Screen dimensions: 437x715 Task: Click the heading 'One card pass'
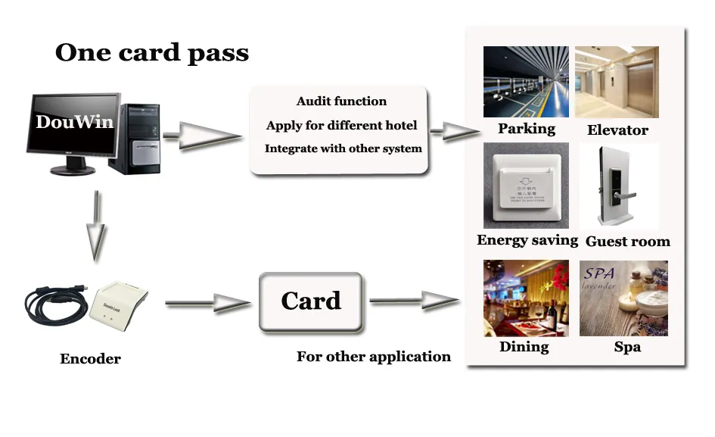click(x=152, y=53)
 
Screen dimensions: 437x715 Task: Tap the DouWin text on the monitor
click(x=74, y=122)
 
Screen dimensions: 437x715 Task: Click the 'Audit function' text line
click(x=341, y=101)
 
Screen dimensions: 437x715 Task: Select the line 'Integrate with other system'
click(x=343, y=148)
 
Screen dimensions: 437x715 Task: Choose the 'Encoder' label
click(x=90, y=359)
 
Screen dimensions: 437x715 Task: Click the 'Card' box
click(x=311, y=301)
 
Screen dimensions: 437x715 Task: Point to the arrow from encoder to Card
click(x=207, y=304)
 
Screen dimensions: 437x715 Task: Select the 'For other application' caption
click(x=373, y=357)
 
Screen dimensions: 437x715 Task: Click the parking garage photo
click(x=526, y=82)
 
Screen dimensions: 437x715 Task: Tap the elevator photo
click(x=617, y=82)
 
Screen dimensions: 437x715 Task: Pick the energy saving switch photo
click(x=526, y=186)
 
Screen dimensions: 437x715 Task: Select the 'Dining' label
click(x=524, y=347)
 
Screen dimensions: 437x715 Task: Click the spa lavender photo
click(x=623, y=298)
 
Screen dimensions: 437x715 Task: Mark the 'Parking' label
click(x=526, y=129)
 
